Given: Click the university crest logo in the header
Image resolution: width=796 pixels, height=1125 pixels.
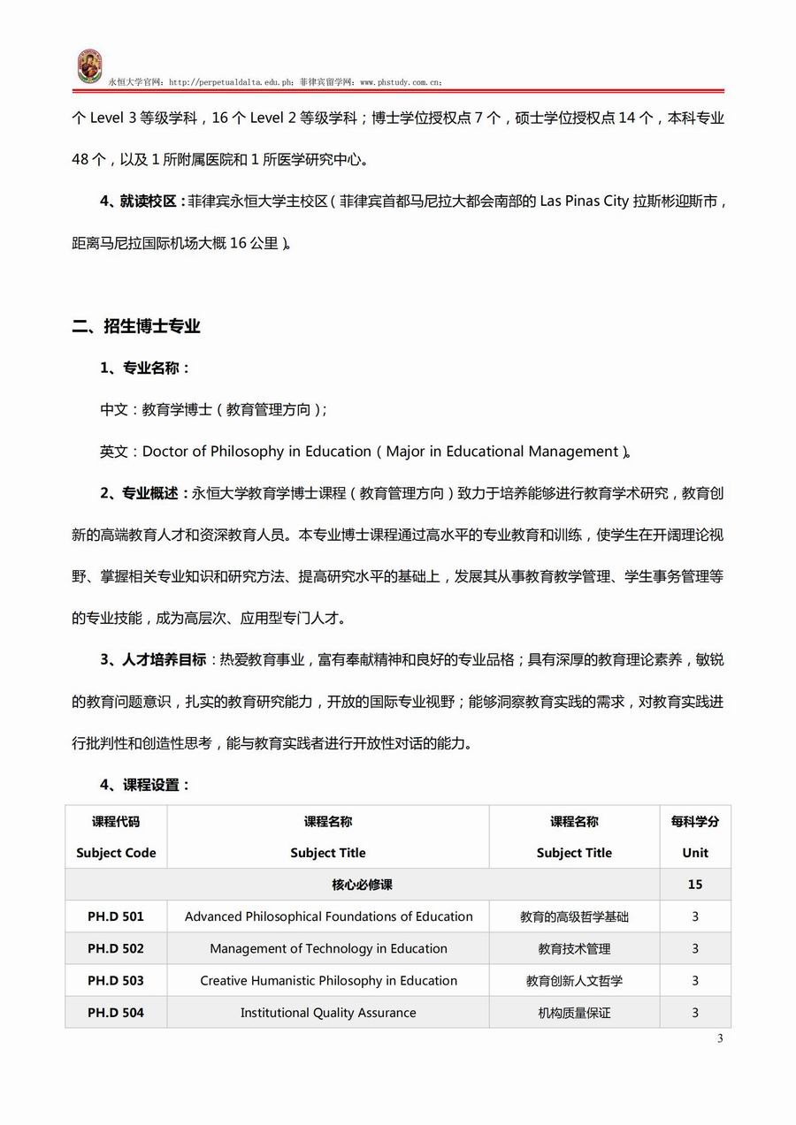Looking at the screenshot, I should [89, 67].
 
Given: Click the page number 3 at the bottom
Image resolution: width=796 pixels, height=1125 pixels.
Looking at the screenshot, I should [720, 1038].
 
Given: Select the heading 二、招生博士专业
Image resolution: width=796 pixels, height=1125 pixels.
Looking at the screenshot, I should [136, 326].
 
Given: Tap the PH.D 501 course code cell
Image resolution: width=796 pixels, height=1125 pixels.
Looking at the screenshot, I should [115, 916].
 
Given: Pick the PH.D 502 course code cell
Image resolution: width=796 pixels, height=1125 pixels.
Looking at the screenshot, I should [115, 948].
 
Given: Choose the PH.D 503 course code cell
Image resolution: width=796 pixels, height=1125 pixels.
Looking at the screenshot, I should [115, 980].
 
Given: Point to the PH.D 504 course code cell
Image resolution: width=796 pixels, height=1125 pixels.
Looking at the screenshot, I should [115, 1012].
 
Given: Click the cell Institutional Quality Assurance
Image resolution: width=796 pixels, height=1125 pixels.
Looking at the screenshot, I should [328, 1012].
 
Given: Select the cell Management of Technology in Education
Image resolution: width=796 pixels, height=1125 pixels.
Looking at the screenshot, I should [328, 948].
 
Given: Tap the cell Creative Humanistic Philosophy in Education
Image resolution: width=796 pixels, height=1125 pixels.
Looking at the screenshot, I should [328, 980].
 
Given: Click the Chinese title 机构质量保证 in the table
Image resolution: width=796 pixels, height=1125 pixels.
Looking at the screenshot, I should [574, 1012].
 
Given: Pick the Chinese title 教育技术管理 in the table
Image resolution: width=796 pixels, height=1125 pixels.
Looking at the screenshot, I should [574, 948].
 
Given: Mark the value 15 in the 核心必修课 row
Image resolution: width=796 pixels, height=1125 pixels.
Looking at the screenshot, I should [695, 885].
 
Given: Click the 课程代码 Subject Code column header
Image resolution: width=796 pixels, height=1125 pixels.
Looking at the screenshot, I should [115, 837].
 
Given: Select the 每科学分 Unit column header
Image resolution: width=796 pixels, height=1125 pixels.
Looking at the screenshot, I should [695, 837].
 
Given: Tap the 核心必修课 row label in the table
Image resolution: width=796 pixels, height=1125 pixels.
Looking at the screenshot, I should [363, 885].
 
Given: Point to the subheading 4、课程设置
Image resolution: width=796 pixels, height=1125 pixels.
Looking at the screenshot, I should [145, 785].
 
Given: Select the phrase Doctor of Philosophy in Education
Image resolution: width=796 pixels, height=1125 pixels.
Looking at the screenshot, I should [257, 452].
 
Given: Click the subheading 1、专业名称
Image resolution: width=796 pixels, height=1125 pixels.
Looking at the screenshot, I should [145, 368].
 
